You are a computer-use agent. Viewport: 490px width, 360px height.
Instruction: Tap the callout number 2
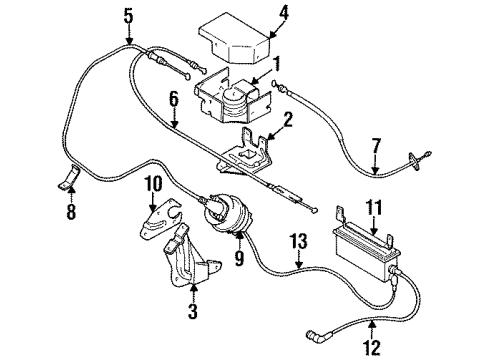287,123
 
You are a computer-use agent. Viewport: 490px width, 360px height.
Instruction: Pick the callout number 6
172,98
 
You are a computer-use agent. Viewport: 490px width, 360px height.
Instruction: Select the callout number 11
376,207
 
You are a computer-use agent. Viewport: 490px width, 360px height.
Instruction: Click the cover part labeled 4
237,40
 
